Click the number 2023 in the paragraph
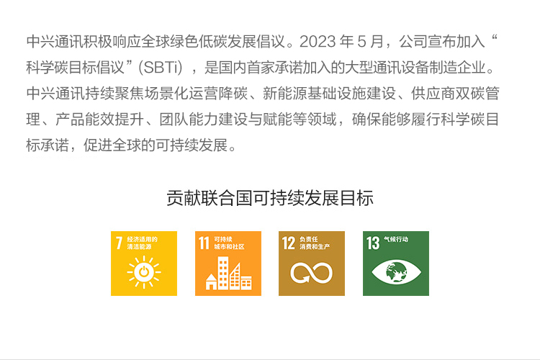pyautogui.click(x=318, y=42)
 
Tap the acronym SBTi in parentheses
pyautogui.click(x=161, y=68)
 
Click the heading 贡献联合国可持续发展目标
pyautogui.click(x=270, y=198)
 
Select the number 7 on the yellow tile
pyautogui.click(x=119, y=243)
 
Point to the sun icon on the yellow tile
pyautogui.click(x=144, y=272)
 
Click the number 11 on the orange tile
pyautogui.click(x=204, y=243)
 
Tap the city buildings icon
pyautogui.click(x=228, y=273)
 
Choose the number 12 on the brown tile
pyautogui.click(x=289, y=243)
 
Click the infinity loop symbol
pyautogui.click(x=311, y=272)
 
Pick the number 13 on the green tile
pyautogui.click(x=373, y=243)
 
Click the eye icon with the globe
pyautogui.click(x=396, y=272)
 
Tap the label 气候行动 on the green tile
pyautogui.click(x=396, y=239)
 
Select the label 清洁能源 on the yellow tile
pyautogui.click(x=139, y=247)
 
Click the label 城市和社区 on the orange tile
pyautogui.click(x=229, y=247)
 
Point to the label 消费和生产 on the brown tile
pyautogui.click(x=315, y=247)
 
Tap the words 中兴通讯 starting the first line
pyautogui.click(x=55, y=42)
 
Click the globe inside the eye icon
pyautogui.click(x=396, y=272)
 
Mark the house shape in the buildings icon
pyautogui.click(x=211, y=282)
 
